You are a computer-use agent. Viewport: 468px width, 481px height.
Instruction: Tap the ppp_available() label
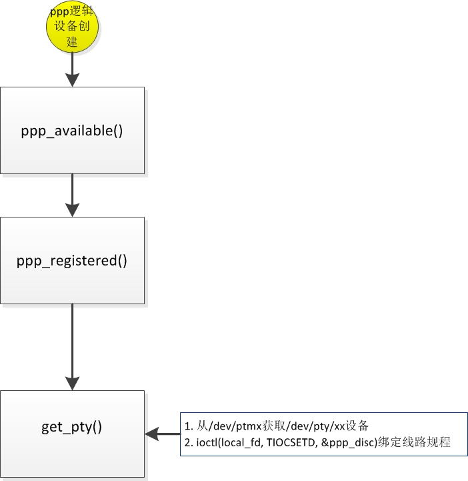[72, 130]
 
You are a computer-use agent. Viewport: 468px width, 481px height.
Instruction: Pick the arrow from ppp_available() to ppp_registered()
[72, 195]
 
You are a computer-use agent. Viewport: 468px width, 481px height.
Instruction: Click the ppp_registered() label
[72, 260]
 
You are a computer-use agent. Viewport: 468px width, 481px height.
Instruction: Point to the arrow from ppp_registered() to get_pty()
[72, 347]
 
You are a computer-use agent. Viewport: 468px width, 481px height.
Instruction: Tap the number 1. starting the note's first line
[189, 426]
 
